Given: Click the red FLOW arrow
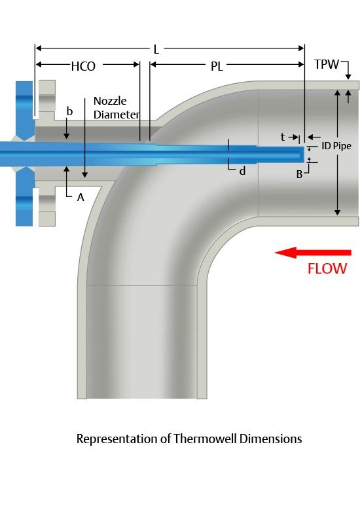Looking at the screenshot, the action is [x=313, y=253].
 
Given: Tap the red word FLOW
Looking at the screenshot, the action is [x=327, y=268].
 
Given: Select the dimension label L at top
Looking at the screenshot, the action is [x=156, y=50].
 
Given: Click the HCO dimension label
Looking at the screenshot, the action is [x=83, y=67].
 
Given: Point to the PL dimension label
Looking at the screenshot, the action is [x=217, y=67].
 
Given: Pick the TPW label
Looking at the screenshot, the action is [x=327, y=64].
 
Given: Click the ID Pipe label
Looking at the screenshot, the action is [x=336, y=146].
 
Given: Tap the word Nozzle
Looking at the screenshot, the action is [x=110, y=101].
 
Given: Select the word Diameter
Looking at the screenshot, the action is [x=116, y=115].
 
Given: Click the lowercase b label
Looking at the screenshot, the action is [x=69, y=111].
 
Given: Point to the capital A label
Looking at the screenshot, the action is [x=81, y=197].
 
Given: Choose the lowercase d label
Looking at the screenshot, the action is [x=242, y=171].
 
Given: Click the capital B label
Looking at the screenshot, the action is [x=299, y=174].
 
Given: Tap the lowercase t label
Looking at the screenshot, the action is [x=283, y=137].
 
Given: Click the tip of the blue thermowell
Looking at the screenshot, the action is [x=305, y=154].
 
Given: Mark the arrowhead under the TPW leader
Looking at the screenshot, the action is [x=348, y=77].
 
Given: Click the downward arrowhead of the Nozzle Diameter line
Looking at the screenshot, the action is [x=85, y=175].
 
